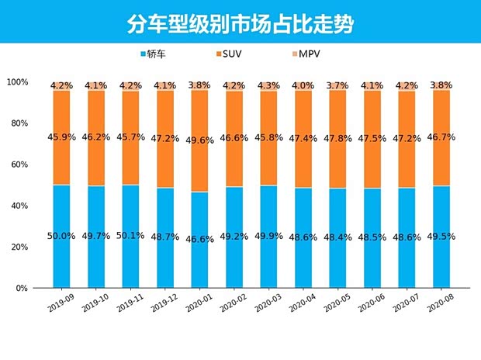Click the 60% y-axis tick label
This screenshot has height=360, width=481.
(19, 164)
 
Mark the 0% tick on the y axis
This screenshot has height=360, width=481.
(22, 288)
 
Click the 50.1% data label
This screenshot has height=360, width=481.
(131, 236)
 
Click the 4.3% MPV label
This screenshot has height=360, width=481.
(269, 85)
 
